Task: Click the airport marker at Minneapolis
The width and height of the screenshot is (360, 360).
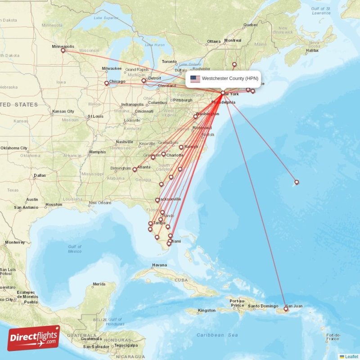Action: [x=63, y=50]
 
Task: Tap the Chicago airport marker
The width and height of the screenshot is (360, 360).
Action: [x=107, y=83]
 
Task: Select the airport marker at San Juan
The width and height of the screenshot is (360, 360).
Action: [x=286, y=309]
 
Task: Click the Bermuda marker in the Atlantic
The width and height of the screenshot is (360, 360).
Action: [x=297, y=182]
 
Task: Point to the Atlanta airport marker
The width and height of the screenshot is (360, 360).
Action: [x=135, y=170]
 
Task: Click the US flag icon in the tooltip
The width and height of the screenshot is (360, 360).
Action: [x=195, y=79]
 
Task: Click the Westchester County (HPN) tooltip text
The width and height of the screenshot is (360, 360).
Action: [x=230, y=79]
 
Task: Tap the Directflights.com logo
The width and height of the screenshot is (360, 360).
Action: [x=34, y=338]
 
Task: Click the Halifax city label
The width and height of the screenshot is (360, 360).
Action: [x=312, y=50]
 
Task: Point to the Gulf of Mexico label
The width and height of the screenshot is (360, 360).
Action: [x=75, y=249]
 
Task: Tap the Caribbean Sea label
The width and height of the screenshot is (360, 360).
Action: [x=217, y=335]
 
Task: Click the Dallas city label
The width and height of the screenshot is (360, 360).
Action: [x=39, y=175]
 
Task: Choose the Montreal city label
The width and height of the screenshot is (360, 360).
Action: [x=233, y=40]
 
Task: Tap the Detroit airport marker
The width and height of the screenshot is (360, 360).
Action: [x=144, y=81]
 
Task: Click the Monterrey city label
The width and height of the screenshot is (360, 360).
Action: [x=15, y=242]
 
